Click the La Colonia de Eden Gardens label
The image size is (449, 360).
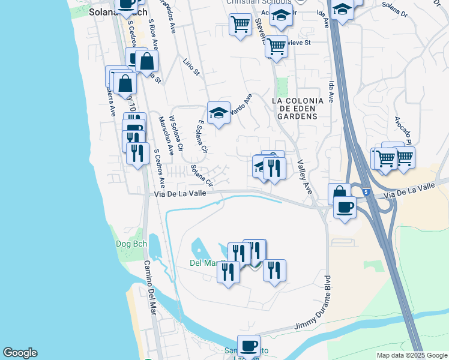pyautogui.click(x=298, y=108)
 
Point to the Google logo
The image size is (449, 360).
pyautogui.click(x=20, y=353)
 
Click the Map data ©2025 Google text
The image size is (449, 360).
pyautogui.click(x=411, y=355)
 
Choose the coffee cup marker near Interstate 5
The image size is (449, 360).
pyautogui.click(x=345, y=208)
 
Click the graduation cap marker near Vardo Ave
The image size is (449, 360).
pyautogui.click(x=218, y=112)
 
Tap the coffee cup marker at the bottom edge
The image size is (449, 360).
pyautogui.click(x=249, y=346)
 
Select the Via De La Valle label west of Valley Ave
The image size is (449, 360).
pyautogui.click(x=180, y=194)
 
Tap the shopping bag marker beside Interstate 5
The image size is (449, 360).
pyautogui.click(x=339, y=194)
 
